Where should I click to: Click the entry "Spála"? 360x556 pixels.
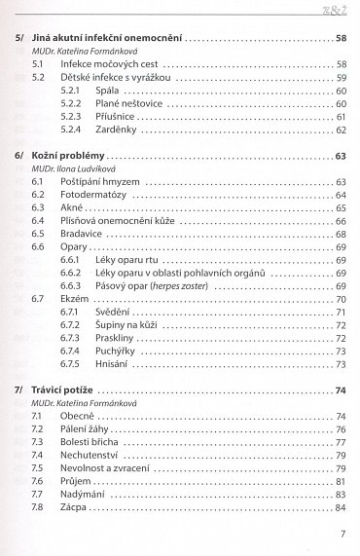(x=107, y=90)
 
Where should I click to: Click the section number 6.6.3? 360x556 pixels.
(x=70, y=286)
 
